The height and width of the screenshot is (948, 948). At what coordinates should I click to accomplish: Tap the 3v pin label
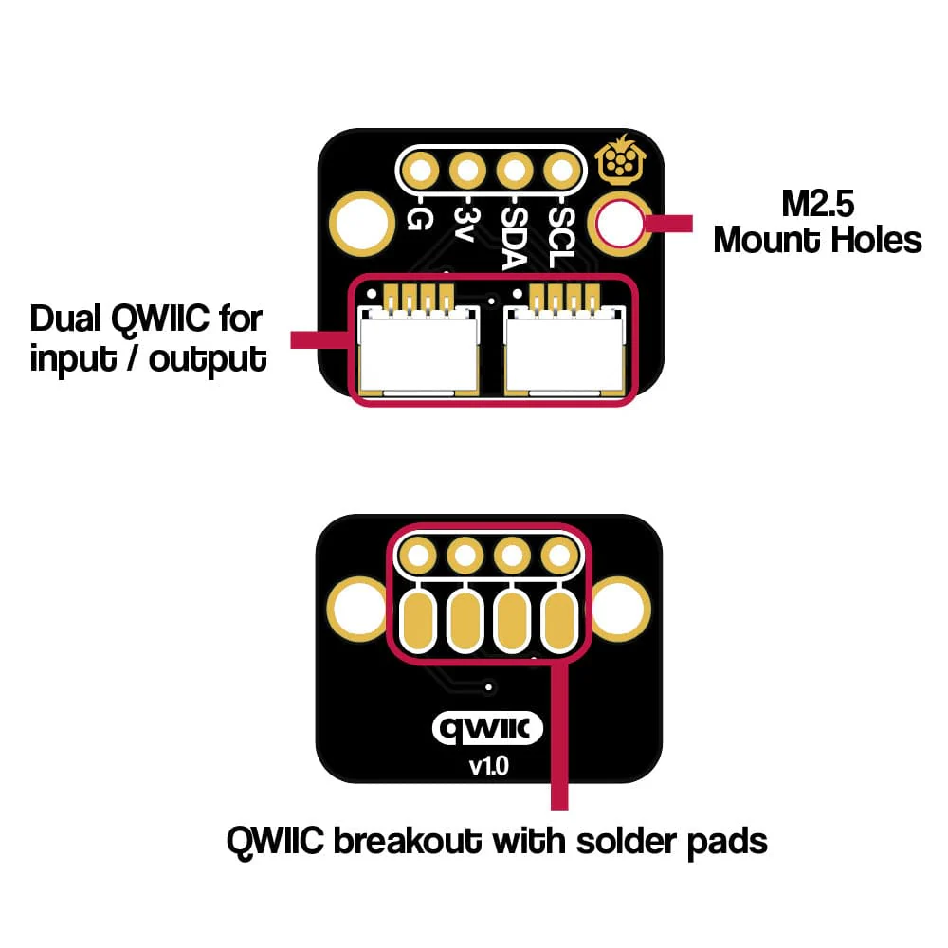(464, 224)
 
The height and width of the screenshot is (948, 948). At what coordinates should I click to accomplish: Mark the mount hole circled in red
(618, 224)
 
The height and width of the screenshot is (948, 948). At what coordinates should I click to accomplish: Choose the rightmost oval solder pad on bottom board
(560, 620)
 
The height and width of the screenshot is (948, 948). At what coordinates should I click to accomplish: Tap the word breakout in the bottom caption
(404, 839)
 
